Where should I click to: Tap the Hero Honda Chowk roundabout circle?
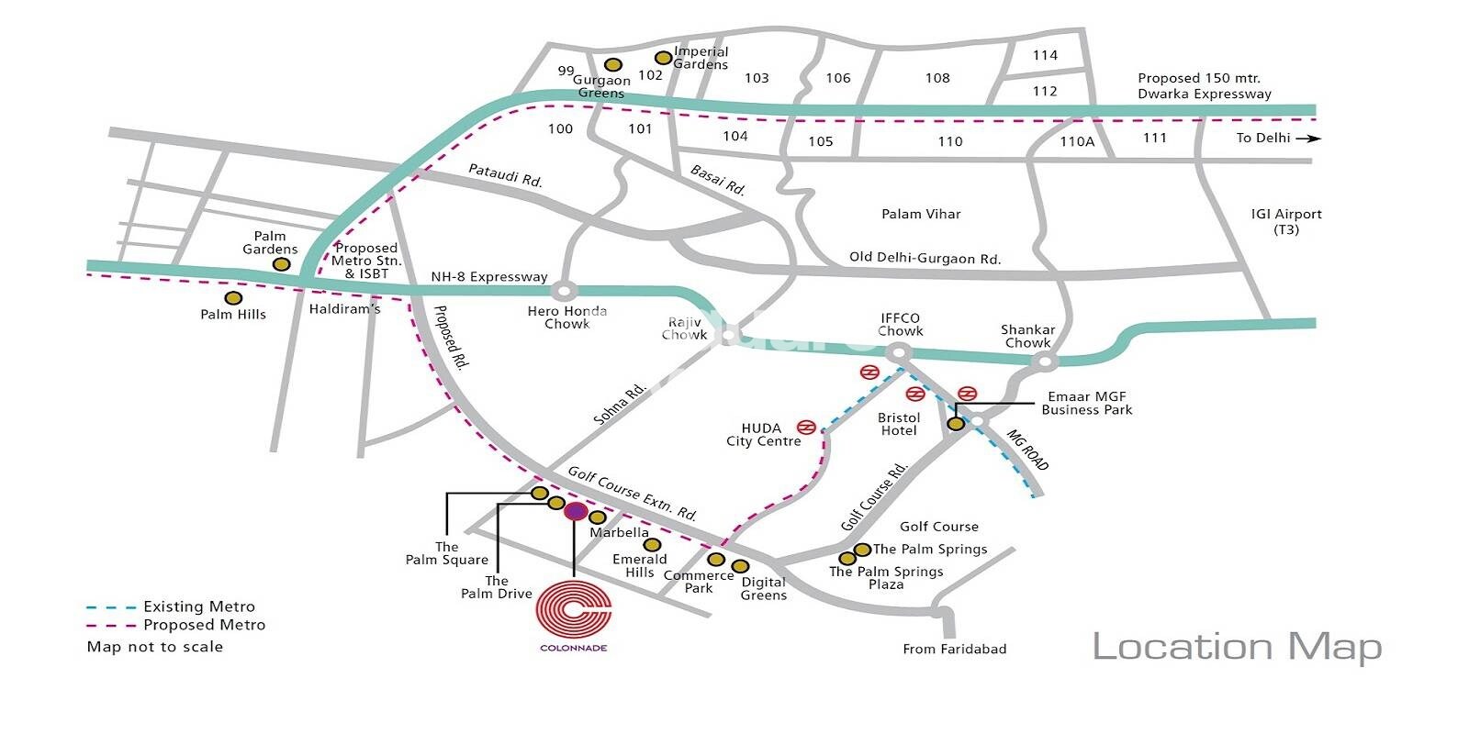click(x=564, y=291)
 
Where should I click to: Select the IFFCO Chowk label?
click(x=900, y=325)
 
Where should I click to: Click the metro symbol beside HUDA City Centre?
click(x=806, y=427)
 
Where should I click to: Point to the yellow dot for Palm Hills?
click(x=233, y=298)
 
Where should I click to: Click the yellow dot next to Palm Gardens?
click(x=282, y=264)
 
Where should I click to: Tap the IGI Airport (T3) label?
click(x=1285, y=221)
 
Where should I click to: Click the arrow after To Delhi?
click(x=1314, y=139)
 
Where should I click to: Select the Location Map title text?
click(x=1236, y=647)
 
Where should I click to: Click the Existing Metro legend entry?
click(x=198, y=606)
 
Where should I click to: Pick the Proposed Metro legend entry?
click(x=203, y=625)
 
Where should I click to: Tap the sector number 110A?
click(x=1077, y=141)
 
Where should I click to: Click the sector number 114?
click(x=1045, y=55)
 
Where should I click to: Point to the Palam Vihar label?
click(x=921, y=214)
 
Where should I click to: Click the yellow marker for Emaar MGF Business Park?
click(x=956, y=423)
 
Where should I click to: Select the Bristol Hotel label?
click(x=899, y=424)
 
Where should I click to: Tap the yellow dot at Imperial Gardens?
click(x=663, y=58)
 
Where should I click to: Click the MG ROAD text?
click(x=1028, y=450)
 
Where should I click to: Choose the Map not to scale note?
click(x=154, y=647)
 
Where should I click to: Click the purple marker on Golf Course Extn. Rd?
click(x=575, y=511)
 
